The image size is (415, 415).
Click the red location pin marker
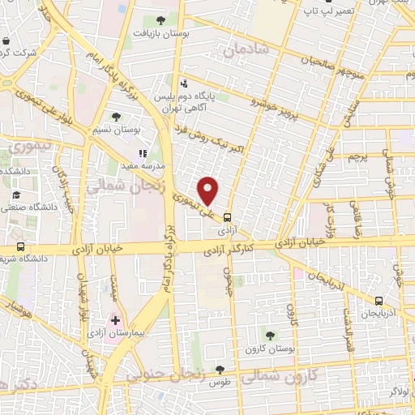click(x=209, y=190)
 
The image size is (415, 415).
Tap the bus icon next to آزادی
click(x=228, y=217)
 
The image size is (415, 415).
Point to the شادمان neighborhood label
click(x=243, y=51)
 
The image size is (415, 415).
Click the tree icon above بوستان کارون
click(x=269, y=335)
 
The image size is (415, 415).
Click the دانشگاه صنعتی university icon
click(x=15, y=195)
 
